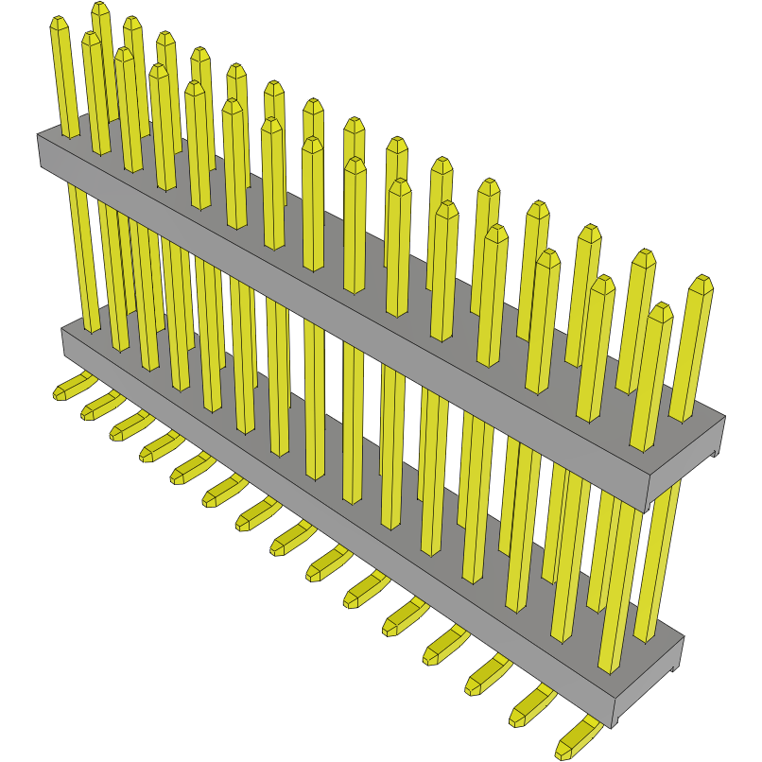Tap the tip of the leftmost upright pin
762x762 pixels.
[59, 23]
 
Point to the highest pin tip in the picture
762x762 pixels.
[100, 9]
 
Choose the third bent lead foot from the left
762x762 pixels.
[125, 428]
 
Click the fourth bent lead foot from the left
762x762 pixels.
[156, 448]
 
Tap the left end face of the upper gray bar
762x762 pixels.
[43, 152]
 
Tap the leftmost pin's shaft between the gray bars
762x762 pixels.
[83, 255]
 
